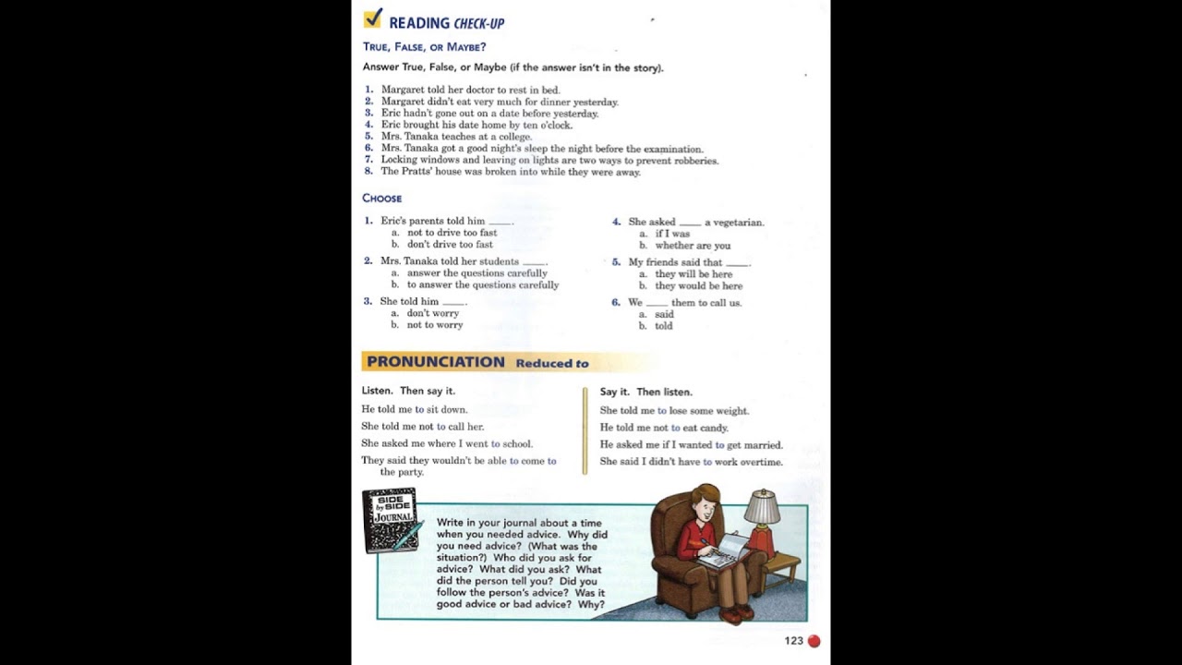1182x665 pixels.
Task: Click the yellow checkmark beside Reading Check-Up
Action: coord(373,18)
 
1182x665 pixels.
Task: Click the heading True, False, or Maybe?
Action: coord(424,47)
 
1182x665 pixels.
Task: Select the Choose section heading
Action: coord(381,199)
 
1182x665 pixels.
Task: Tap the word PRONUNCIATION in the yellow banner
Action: coord(436,362)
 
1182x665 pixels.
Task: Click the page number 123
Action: coord(793,641)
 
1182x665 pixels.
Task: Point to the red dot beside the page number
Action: coord(814,641)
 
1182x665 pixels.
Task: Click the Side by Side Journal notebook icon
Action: coord(390,519)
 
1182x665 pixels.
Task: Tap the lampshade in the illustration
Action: coord(762,507)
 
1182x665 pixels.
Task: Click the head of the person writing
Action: coord(706,503)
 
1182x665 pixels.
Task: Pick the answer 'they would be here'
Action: coord(698,286)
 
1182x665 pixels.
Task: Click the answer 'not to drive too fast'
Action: coord(452,233)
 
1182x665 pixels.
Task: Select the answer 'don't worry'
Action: coord(432,313)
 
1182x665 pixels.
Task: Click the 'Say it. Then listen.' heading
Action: coord(645,392)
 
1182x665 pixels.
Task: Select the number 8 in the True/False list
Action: coord(368,171)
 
